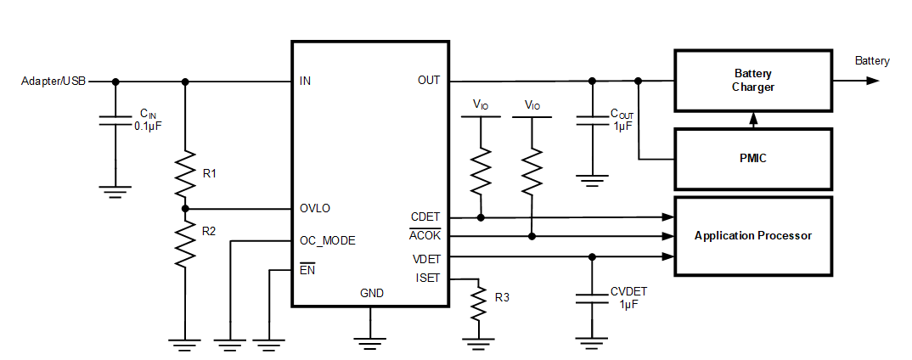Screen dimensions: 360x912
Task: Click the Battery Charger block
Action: (752, 81)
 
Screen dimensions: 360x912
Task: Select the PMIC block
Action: (752, 159)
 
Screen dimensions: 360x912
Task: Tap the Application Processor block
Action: (752, 235)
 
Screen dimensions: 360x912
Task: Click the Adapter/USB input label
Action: (53, 82)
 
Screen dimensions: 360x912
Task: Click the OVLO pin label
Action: (315, 208)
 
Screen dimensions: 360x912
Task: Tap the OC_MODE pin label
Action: (327, 240)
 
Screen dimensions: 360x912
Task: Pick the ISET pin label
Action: (428, 278)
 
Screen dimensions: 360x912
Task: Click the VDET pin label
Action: (426, 257)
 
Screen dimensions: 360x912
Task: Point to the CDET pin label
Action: (425, 217)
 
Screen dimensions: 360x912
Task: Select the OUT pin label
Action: (429, 81)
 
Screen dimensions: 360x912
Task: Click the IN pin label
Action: (305, 82)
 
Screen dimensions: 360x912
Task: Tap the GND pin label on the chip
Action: (371, 293)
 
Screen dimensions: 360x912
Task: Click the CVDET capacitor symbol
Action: (592, 298)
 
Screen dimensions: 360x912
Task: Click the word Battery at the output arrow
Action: (872, 61)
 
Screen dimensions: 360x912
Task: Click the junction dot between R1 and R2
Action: (185, 208)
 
